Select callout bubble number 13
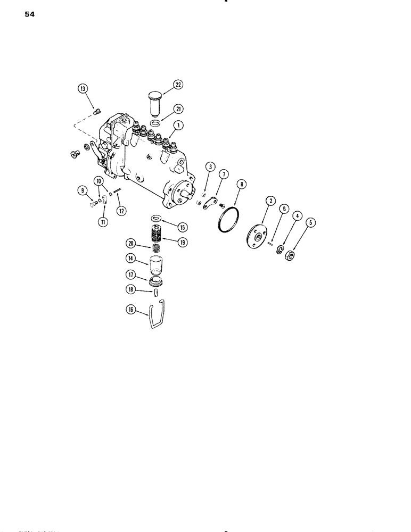coord(82,89)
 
